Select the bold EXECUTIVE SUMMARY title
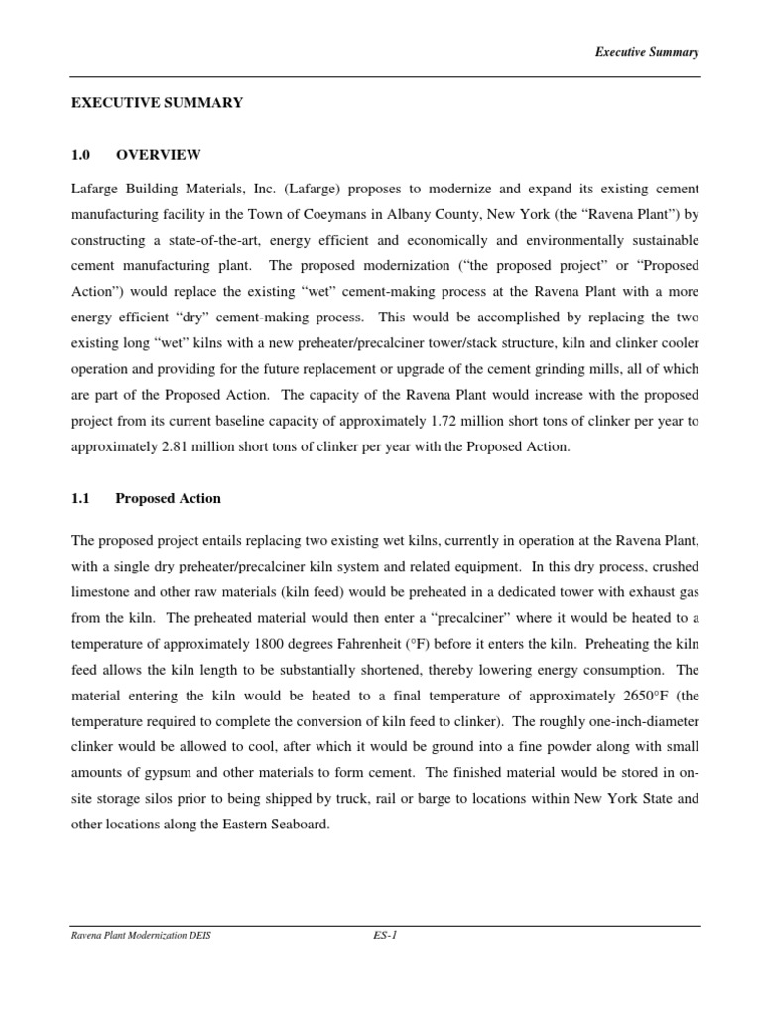point(157,103)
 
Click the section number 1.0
point(81,155)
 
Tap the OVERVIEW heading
point(159,155)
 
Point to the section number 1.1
point(81,498)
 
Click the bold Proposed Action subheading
point(168,498)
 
